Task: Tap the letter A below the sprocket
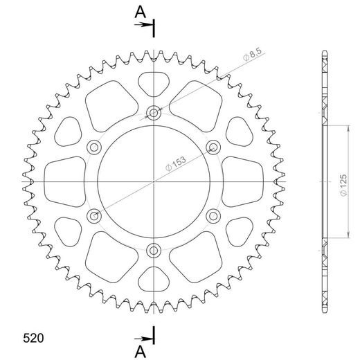pyautogui.click(x=141, y=351)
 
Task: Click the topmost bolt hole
pyautogui.click(x=153, y=111)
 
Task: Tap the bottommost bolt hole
pyautogui.click(x=153, y=249)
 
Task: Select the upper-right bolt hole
pyautogui.click(x=213, y=146)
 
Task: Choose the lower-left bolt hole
pyautogui.click(x=93, y=215)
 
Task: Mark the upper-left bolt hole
pyautogui.click(x=93, y=146)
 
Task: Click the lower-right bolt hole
pyautogui.click(x=213, y=215)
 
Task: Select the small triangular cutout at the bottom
pyautogui.click(x=153, y=278)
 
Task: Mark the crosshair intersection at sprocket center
pyautogui.click(x=153, y=181)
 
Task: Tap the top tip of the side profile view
pyautogui.click(x=324, y=53)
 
